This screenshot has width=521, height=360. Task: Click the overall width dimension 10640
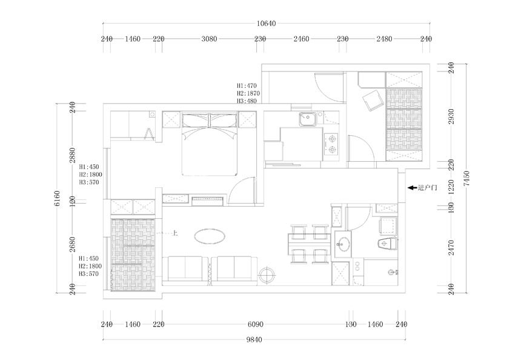coord(266,23)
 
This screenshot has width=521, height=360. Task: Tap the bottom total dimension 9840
coord(254,339)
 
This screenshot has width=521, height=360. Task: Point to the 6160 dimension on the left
coord(57,198)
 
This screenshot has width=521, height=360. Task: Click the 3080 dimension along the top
coord(209,39)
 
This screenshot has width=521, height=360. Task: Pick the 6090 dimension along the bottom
coord(255,324)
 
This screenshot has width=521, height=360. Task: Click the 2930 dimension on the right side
coord(451,116)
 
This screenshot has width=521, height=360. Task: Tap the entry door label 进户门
coord(428,188)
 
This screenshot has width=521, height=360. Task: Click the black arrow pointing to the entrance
coord(413,188)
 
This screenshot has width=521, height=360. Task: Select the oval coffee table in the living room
coord(210,236)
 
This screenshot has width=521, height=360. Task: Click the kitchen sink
coord(308,119)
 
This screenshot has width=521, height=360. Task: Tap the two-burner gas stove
coord(331,144)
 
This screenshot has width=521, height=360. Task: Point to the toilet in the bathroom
coord(388,244)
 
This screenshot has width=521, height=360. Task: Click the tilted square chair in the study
coord(373,101)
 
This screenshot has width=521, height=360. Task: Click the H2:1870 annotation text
coord(248,93)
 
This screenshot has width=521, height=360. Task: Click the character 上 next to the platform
coord(174,233)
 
